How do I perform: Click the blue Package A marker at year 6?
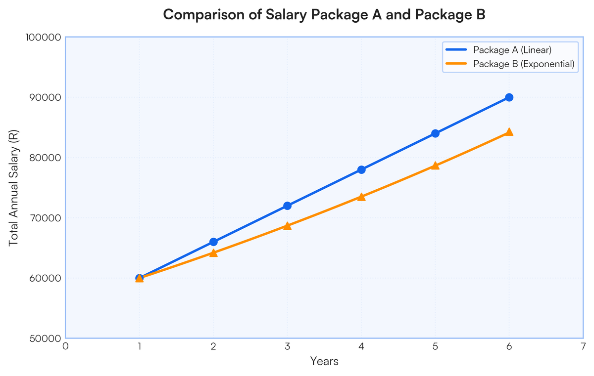coord(509,97)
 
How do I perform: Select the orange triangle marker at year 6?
coord(509,132)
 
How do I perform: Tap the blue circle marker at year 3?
coord(287,206)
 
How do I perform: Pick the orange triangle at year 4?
coord(361,197)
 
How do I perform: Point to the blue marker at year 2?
coord(213,242)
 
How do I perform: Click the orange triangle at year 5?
coord(435,166)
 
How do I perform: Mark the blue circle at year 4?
coord(361,169)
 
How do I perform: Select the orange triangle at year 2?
coord(213,253)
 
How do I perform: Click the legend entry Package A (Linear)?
coord(512,50)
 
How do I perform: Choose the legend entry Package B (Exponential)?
coord(523,64)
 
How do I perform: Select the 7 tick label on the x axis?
coord(583,346)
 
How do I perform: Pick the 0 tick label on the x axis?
coord(65,346)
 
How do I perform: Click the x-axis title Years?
coord(324,362)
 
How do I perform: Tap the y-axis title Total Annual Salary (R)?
coord(14,188)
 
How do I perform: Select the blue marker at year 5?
coord(435,133)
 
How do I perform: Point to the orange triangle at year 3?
coord(287,226)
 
